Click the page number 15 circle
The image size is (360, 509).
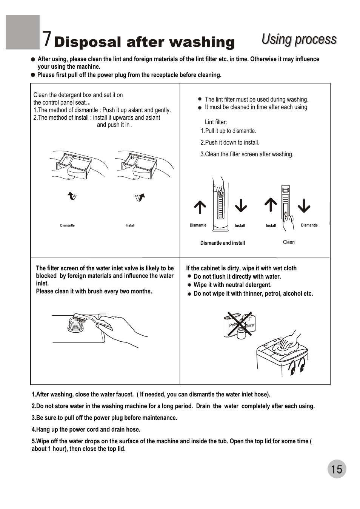click(337, 469)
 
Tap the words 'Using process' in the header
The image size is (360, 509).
click(299, 40)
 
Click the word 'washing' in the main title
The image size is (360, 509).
click(202, 42)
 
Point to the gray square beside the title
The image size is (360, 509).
click(23, 32)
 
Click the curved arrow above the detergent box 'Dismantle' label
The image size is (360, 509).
click(72, 196)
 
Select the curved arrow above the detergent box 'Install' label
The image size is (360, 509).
click(140, 197)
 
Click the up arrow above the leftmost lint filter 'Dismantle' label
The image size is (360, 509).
click(200, 207)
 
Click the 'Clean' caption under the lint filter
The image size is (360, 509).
click(289, 242)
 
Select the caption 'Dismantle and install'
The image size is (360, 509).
click(223, 243)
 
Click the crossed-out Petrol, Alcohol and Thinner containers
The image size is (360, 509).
click(239, 325)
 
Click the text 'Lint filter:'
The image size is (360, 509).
click(216, 122)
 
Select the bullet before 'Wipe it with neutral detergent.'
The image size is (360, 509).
click(189, 285)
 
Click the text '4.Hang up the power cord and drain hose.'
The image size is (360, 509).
click(86, 429)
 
